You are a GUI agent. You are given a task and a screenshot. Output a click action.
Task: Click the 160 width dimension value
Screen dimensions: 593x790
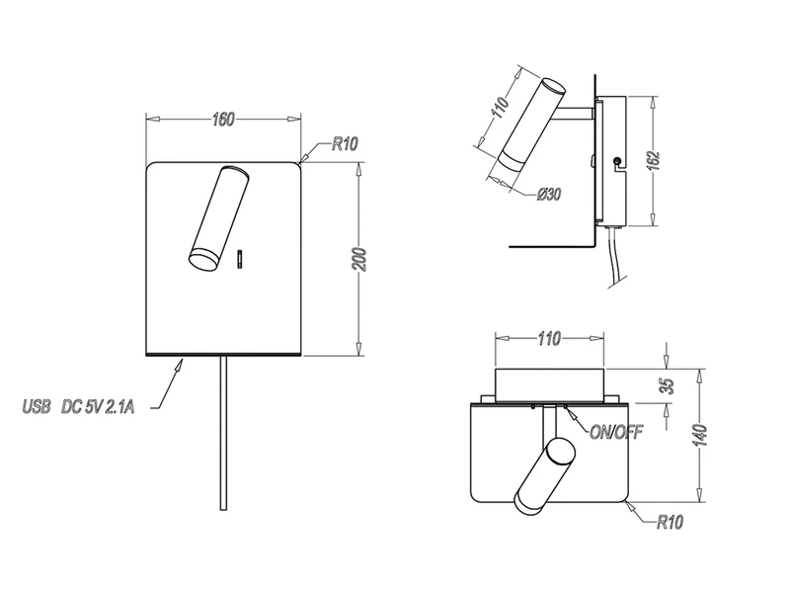[x=223, y=121]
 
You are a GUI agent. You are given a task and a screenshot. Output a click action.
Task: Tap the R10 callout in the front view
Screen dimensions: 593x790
[x=344, y=144]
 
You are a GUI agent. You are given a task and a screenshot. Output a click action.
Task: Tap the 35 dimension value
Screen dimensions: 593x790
[x=667, y=384]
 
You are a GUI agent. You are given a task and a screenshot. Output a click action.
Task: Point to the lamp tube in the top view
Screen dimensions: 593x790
[x=544, y=476]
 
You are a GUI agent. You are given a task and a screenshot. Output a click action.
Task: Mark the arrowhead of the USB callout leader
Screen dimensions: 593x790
[x=182, y=365]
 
